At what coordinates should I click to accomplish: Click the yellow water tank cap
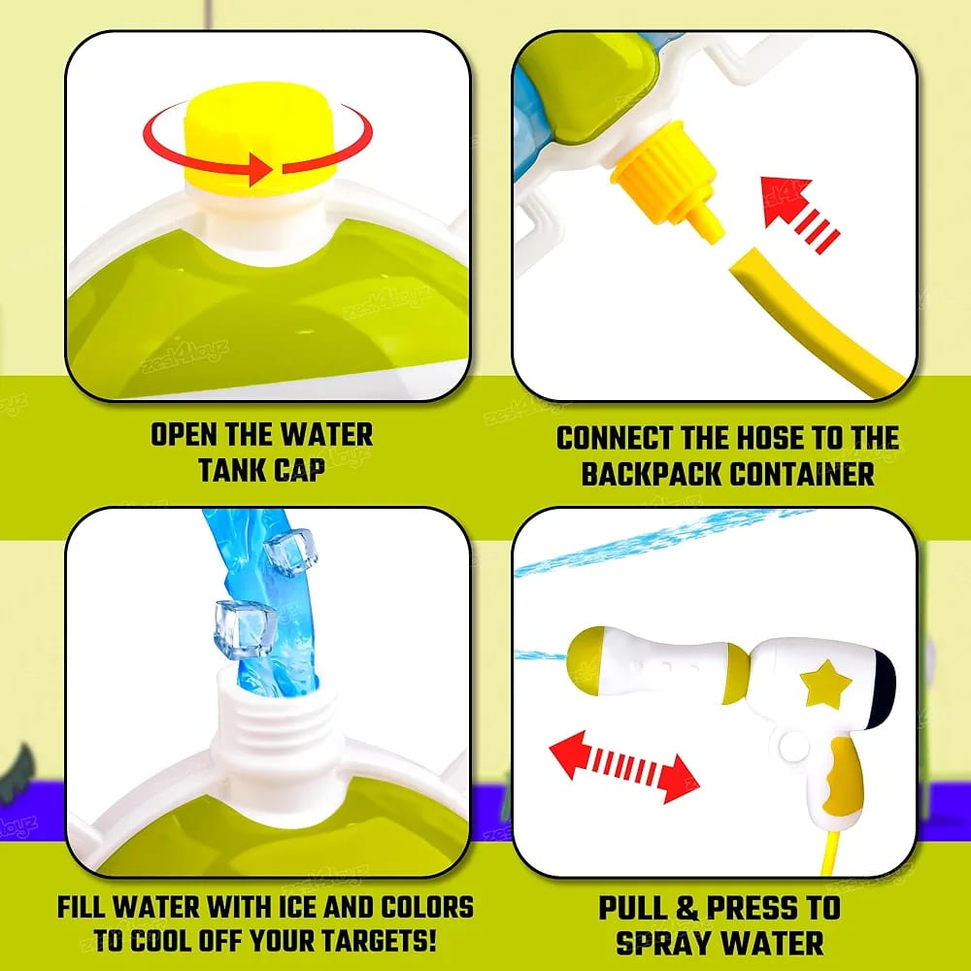tap(261, 134)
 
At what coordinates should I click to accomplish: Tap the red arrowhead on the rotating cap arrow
tap(260, 168)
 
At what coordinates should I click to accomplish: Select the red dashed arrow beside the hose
tap(799, 214)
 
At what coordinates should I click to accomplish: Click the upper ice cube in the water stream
tap(291, 552)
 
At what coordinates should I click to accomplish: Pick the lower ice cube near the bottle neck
tap(245, 628)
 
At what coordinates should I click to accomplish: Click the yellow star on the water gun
tap(825, 685)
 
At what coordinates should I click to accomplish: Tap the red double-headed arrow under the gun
tap(623, 766)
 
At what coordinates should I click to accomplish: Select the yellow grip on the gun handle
tap(840, 777)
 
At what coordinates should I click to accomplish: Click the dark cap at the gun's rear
tap(882, 690)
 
